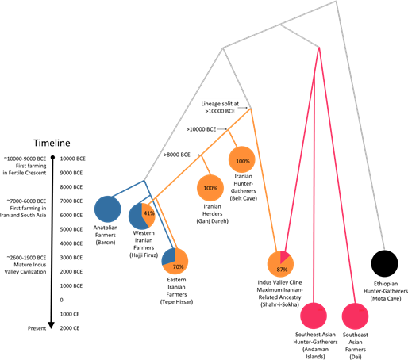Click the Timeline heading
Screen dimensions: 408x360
point(52,143)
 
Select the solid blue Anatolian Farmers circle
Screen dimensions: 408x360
point(108,209)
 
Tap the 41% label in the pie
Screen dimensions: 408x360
point(149,213)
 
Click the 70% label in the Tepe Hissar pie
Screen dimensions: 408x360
point(178,266)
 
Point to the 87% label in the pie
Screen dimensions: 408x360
point(282,270)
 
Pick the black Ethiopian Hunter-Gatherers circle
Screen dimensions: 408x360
point(384,263)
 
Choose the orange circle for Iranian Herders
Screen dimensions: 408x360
point(210,188)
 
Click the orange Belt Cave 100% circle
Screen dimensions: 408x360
point(242,159)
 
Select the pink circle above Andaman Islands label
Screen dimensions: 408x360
point(314,316)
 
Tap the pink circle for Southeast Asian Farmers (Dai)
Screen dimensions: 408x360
point(355,316)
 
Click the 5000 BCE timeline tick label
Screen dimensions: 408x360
point(71,229)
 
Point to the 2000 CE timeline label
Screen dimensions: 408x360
point(70,328)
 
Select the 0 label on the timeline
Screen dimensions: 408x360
point(62,300)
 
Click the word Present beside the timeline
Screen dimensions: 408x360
point(37,328)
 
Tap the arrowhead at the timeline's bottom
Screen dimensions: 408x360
point(52,326)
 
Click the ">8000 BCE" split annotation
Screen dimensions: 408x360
point(177,155)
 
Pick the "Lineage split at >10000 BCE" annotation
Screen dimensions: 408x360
point(220,108)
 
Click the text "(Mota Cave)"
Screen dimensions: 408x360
point(386,299)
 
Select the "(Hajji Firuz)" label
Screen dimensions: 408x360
point(144,255)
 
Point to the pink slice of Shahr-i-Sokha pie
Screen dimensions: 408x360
point(285,256)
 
